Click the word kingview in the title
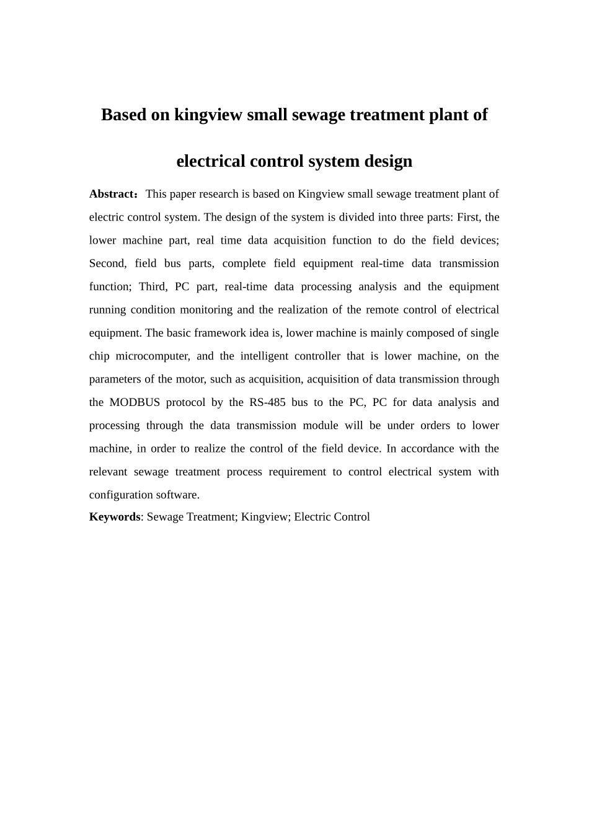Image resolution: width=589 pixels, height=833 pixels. (x=208, y=115)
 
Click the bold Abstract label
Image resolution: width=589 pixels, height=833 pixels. (x=112, y=194)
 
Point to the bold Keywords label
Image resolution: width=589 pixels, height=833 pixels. (x=115, y=517)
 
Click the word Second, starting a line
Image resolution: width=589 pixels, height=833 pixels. (x=108, y=263)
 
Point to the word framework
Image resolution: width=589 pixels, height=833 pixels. (x=216, y=333)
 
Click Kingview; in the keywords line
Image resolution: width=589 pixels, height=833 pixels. (x=265, y=517)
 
